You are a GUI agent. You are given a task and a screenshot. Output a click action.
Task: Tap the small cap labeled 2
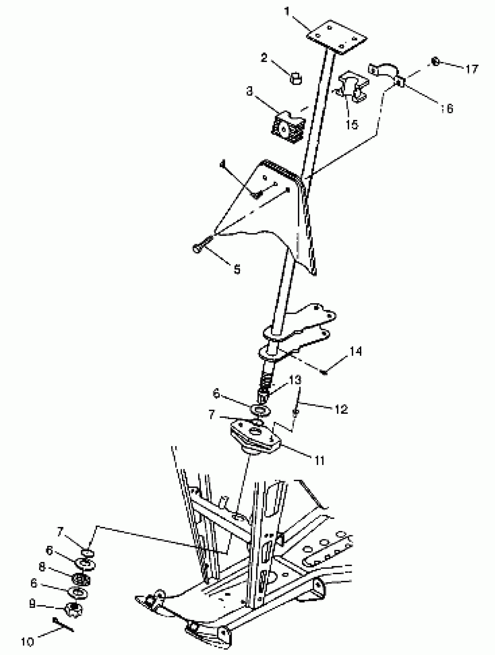point(295,79)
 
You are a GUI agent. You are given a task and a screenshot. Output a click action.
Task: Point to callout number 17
point(472,69)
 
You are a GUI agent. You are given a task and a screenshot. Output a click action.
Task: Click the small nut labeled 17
point(435,62)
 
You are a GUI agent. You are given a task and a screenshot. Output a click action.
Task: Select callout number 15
point(352,124)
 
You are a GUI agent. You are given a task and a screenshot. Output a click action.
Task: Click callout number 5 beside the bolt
point(237,269)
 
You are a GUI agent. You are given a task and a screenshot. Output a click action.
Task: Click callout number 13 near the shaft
point(295,379)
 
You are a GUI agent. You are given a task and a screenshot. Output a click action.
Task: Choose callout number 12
point(341,409)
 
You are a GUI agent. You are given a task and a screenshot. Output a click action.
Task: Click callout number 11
point(319,461)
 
